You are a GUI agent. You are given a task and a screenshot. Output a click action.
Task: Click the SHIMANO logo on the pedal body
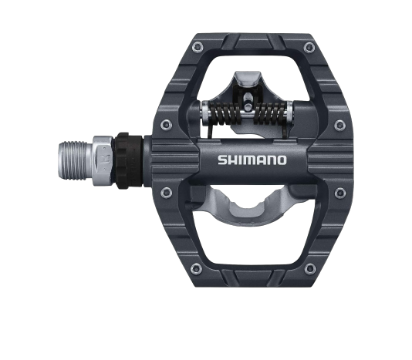click(252, 160)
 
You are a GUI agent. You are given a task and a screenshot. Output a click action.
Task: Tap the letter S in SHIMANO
click(222, 160)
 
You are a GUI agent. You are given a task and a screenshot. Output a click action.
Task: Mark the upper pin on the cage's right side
click(339, 123)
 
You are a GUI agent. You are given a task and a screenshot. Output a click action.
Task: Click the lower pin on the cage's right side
click(339, 192)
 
